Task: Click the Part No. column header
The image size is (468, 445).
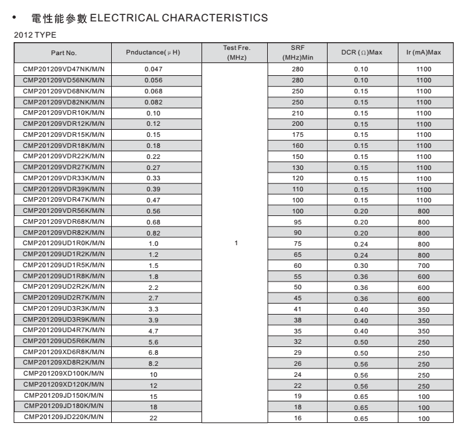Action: tap(63, 53)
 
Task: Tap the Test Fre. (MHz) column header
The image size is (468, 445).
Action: tap(237, 53)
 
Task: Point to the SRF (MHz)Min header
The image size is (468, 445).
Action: tap(298, 53)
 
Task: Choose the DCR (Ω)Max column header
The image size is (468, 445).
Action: tap(360, 53)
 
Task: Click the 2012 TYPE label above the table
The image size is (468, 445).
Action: tap(31, 33)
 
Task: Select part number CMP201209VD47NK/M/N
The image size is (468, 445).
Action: tap(63, 69)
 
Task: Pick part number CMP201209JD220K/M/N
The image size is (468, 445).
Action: tap(63, 417)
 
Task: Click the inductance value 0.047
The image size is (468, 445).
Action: tap(153, 69)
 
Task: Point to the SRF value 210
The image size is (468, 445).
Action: tap(298, 112)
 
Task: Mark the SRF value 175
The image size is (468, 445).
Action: tap(298, 134)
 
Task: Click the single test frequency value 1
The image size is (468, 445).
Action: tap(237, 243)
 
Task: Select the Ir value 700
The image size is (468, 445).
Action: tap(423, 265)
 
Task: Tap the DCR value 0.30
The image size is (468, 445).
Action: tap(360, 265)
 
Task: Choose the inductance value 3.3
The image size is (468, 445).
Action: tap(153, 308)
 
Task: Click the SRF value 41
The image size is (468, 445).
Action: tap(298, 308)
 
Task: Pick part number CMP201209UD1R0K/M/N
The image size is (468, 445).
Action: tap(63, 243)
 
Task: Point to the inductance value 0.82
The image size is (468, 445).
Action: tap(153, 232)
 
